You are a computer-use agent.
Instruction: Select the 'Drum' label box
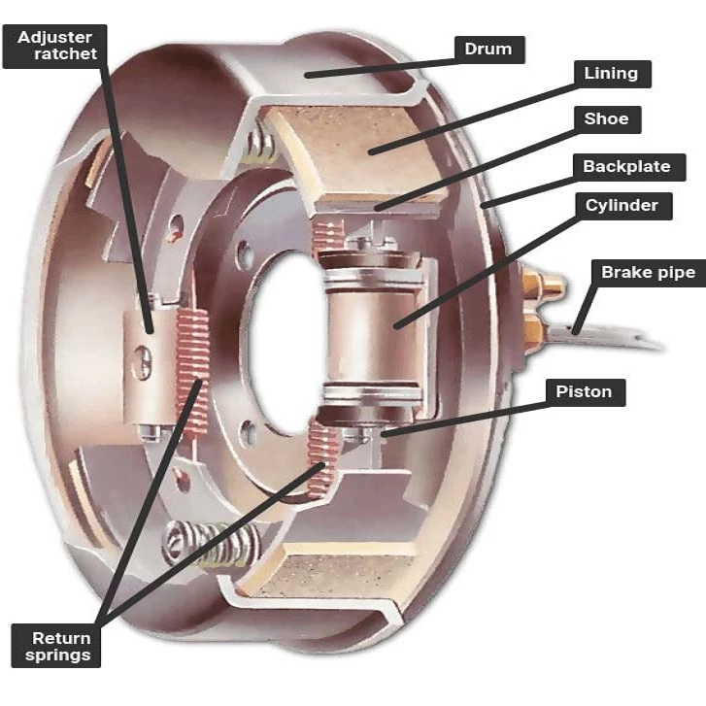coord(488,49)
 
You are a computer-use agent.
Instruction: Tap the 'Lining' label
coord(611,73)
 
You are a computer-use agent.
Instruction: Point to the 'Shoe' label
coord(607,119)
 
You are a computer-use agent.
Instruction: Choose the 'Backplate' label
coord(626,166)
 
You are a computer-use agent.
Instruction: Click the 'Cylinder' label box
coord(622,205)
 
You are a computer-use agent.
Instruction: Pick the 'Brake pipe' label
coord(648,272)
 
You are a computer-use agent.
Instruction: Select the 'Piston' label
coord(585,392)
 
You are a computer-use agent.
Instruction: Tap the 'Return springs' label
coord(61,646)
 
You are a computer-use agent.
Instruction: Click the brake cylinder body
coord(374,325)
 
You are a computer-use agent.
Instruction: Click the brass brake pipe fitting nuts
coord(537,306)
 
